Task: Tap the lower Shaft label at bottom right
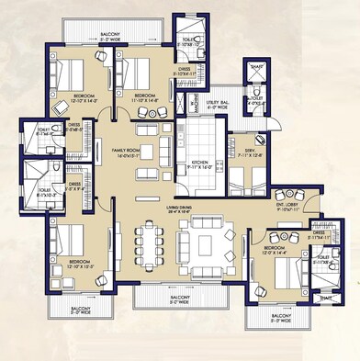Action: coord(326,296)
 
